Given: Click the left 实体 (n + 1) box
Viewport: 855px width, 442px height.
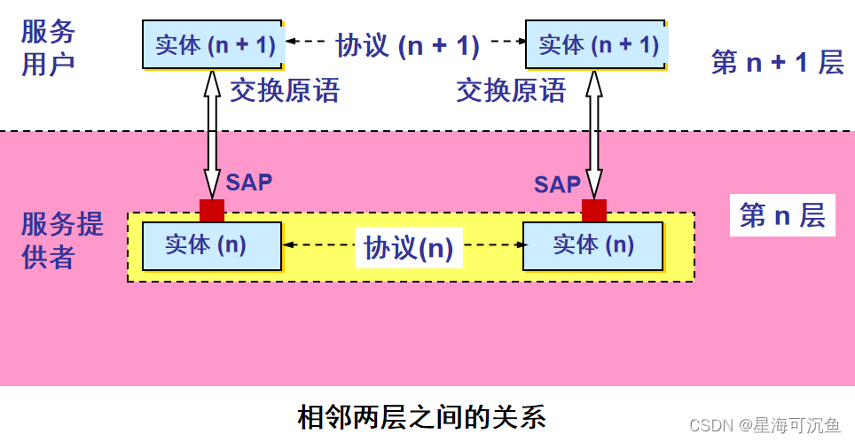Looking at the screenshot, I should [x=214, y=44].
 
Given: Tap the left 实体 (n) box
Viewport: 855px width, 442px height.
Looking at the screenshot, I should [x=211, y=245].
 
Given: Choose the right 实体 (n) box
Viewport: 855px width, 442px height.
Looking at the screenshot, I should [x=592, y=245].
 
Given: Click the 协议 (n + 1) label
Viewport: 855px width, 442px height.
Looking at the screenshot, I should [x=407, y=44].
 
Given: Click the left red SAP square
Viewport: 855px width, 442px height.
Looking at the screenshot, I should [x=212, y=210].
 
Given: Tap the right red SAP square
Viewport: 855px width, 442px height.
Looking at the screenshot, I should [x=593, y=210].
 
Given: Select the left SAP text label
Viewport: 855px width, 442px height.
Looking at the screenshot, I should [x=248, y=182].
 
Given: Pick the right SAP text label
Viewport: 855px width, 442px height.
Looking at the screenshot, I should [x=557, y=184].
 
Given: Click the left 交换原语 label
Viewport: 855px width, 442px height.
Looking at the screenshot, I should [x=285, y=90].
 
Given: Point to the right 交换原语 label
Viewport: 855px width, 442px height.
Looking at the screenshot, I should [x=511, y=90].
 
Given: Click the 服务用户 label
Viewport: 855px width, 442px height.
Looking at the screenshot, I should [x=49, y=48].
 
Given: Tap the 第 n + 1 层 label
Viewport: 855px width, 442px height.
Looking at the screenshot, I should [x=777, y=62].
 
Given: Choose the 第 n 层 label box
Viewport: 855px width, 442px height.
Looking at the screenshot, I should [x=782, y=215].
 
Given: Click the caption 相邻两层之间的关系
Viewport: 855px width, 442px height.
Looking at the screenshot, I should [x=421, y=415].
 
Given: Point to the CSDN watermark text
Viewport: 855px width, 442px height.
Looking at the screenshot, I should [x=764, y=425].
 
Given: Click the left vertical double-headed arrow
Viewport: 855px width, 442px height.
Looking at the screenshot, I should [x=211, y=133].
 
